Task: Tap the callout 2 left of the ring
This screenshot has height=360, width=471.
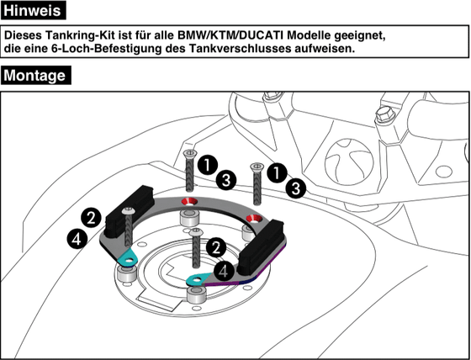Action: (x=91, y=217)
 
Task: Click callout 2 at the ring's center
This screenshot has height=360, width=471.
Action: (x=216, y=247)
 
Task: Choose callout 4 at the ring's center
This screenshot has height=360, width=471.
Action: (x=224, y=270)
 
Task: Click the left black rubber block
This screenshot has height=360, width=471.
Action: (x=126, y=206)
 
